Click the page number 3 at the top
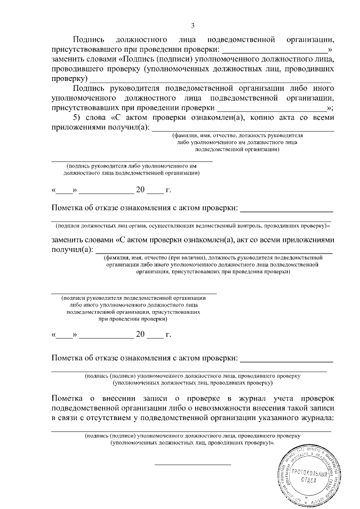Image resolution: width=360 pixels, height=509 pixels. (192, 25)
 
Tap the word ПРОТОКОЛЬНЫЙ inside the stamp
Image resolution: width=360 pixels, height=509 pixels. (306, 471)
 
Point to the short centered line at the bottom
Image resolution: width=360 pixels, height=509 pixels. (192, 465)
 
